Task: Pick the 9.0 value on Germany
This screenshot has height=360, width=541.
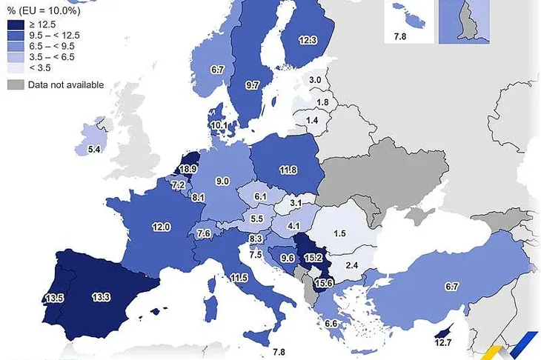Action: click(x=222, y=181)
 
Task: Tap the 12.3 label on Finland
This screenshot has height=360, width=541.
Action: click(x=308, y=41)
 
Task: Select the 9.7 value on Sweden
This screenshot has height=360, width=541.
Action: click(x=253, y=86)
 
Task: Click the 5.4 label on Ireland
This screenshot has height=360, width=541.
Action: click(x=95, y=150)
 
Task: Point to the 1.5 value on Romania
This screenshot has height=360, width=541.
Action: click(x=339, y=233)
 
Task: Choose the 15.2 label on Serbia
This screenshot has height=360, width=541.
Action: click(x=313, y=258)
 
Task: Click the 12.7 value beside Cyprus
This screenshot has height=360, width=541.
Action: click(x=443, y=342)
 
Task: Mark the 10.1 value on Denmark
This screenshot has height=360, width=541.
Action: click(x=219, y=126)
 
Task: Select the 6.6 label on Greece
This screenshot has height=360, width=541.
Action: click(x=331, y=323)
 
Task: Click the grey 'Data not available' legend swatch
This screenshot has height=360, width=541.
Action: click(x=15, y=85)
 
